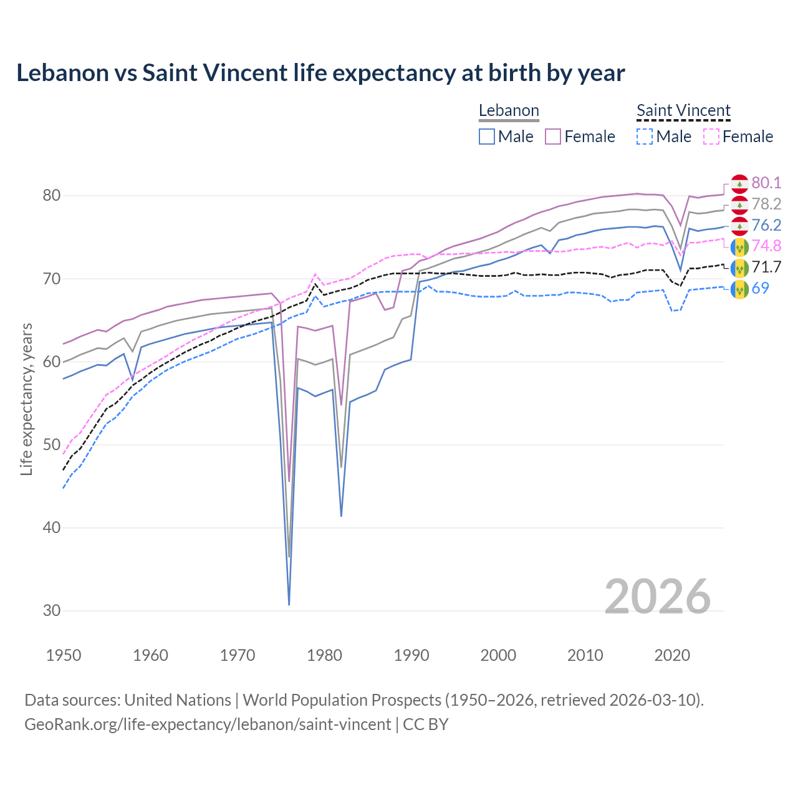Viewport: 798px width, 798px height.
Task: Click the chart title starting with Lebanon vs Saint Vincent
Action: click(320, 73)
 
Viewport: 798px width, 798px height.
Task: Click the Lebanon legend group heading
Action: click(509, 111)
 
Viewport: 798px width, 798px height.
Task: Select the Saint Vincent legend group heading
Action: click(683, 111)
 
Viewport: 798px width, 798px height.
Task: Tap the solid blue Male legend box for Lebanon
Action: click(487, 137)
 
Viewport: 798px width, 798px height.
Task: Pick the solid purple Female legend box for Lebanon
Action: click(553, 137)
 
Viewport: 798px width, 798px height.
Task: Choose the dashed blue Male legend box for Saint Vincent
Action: click(645, 137)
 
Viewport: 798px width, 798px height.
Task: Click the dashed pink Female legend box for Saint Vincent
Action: click(711, 137)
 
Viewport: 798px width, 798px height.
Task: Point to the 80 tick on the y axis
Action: click(51, 196)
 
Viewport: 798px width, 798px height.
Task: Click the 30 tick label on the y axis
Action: click(51, 611)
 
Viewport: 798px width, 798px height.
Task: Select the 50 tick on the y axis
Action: click(51, 445)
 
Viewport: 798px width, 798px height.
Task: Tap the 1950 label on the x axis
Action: click(64, 655)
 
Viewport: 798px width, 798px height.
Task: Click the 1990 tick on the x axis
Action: click(411, 655)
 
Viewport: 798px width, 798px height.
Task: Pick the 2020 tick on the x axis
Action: click(672, 655)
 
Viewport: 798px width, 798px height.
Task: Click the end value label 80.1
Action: click(766, 183)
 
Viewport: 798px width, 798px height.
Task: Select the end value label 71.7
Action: click(766, 267)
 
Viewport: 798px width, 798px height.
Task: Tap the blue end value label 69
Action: click(761, 289)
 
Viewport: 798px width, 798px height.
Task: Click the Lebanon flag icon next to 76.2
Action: click(739, 226)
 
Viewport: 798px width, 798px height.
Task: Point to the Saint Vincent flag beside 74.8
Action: click(739, 247)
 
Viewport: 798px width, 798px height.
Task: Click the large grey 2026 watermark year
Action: click(657, 597)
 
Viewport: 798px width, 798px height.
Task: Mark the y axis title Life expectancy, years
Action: click(26, 399)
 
